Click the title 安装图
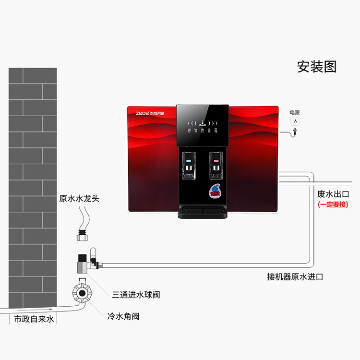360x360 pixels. (317, 67)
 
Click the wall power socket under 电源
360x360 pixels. (295, 121)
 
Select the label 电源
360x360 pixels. (294, 112)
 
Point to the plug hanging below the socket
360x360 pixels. (294, 133)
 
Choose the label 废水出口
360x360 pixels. (333, 194)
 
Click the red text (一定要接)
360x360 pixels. (333, 204)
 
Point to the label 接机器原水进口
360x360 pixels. (295, 276)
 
